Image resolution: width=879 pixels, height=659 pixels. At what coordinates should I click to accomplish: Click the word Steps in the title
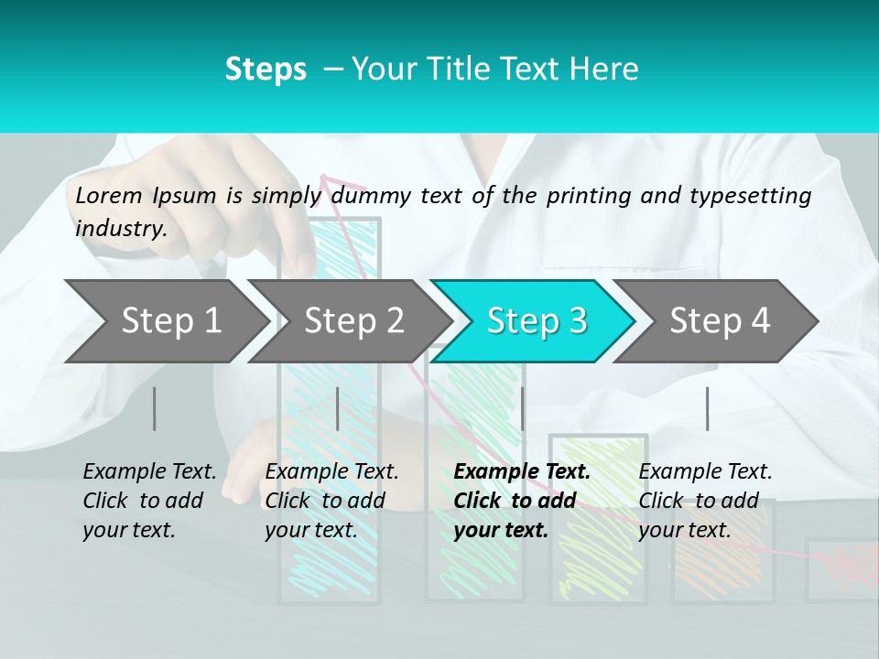(x=266, y=70)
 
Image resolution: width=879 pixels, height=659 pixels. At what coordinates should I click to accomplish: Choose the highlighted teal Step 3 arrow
(x=535, y=321)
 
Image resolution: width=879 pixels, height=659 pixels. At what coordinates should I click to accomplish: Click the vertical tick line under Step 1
(x=155, y=408)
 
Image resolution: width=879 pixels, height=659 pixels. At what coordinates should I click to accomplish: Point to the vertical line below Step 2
(x=338, y=408)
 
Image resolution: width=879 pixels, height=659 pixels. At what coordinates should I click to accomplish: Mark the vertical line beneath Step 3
(x=522, y=408)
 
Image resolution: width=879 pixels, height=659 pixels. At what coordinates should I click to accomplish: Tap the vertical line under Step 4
(x=707, y=408)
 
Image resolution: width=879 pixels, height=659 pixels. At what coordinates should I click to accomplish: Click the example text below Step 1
(x=149, y=501)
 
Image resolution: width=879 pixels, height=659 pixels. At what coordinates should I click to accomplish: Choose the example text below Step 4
(x=703, y=501)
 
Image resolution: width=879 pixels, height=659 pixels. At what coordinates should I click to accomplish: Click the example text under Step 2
(x=331, y=501)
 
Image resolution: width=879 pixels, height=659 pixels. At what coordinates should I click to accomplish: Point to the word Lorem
(x=109, y=195)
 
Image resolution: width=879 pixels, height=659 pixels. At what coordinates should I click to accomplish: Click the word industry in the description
(x=121, y=229)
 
